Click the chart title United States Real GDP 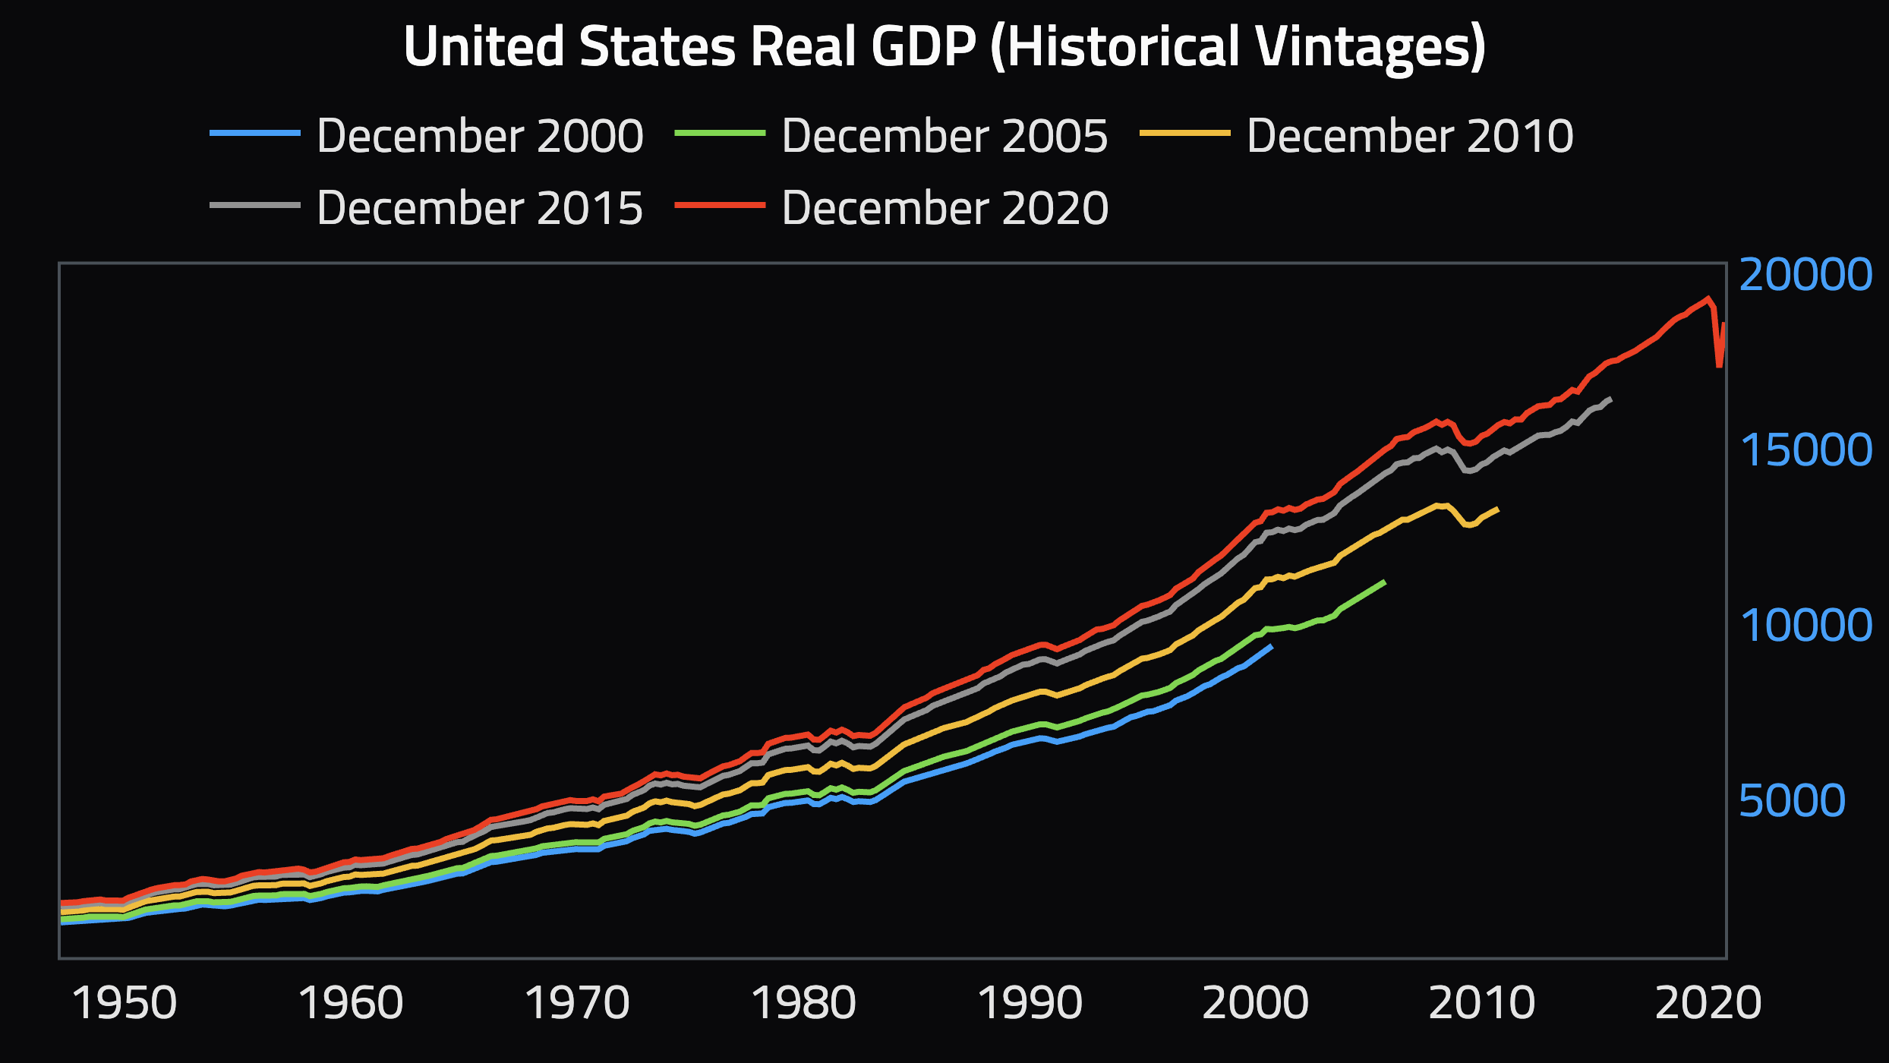coord(945,47)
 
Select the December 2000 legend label coord(480,136)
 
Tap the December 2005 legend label coord(945,136)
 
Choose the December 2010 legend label coord(1410,136)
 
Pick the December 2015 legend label coord(480,208)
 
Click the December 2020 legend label coord(945,208)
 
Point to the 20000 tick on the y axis coord(1805,274)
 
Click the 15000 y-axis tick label coord(1805,449)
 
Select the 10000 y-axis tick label coord(1805,625)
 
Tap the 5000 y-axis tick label coord(1792,800)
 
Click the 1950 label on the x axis coord(124,1003)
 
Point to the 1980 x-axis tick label coord(803,1003)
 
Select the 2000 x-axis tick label coord(1256,1003)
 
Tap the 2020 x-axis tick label coord(1708,1003)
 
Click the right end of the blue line coord(1272,646)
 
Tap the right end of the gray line coord(1611,399)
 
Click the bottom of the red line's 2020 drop coord(1719,366)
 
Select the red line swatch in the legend coord(720,205)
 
